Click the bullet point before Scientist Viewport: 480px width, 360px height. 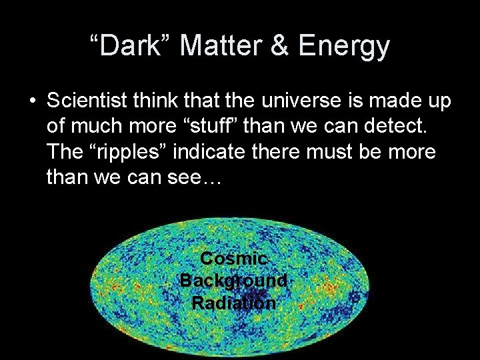pyautogui.click(x=32, y=101)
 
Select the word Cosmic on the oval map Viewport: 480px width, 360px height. pyautogui.click(x=233, y=259)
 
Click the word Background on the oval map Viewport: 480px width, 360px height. pyautogui.click(x=233, y=281)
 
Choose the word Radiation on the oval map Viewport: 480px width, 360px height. pyautogui.click(x=233, y=303)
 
